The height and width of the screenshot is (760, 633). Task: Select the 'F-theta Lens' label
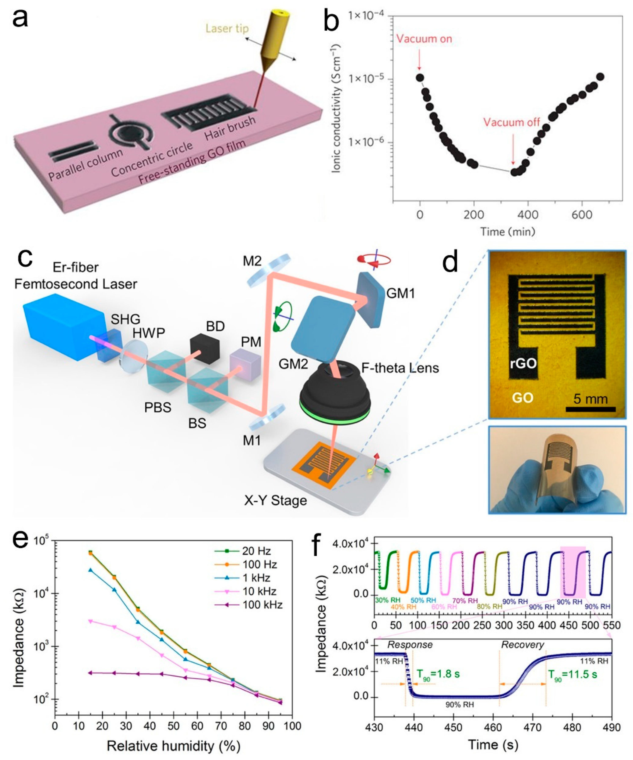pos(400,368)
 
